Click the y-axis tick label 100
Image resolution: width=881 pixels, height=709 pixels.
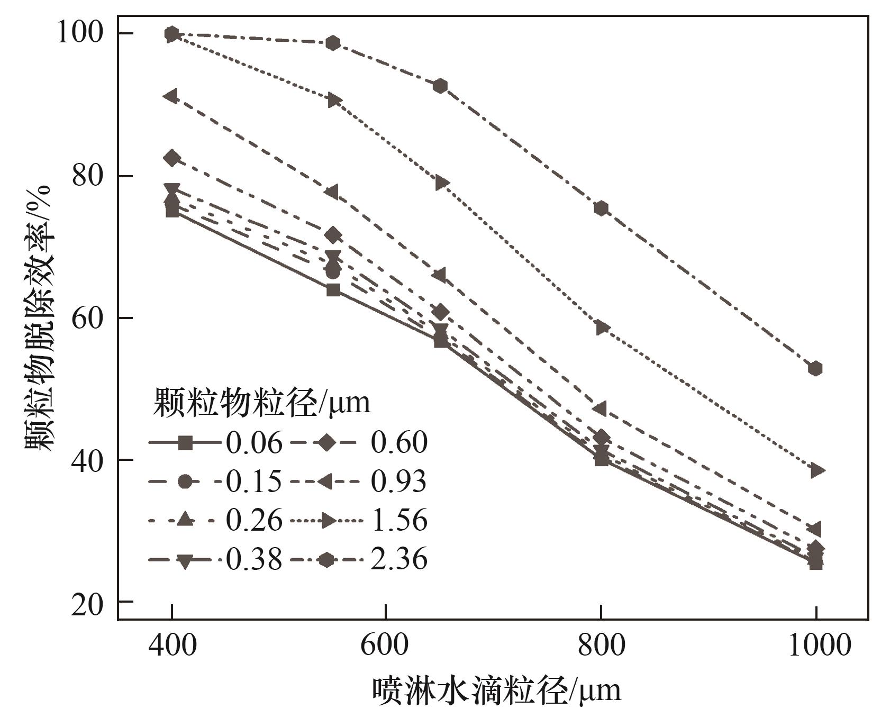point(79,33)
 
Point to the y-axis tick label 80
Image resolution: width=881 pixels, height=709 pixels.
point(88,176)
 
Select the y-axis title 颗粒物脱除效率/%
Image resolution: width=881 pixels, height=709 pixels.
point(38,317)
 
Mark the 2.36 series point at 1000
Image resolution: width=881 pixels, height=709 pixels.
point(815,368)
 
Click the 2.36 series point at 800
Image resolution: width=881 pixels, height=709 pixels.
point(601,208)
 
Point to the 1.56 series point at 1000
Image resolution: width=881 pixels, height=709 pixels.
point(817,470)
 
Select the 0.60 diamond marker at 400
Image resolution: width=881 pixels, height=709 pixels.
point(172,158)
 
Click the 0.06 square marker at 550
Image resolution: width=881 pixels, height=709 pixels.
point(333,290)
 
